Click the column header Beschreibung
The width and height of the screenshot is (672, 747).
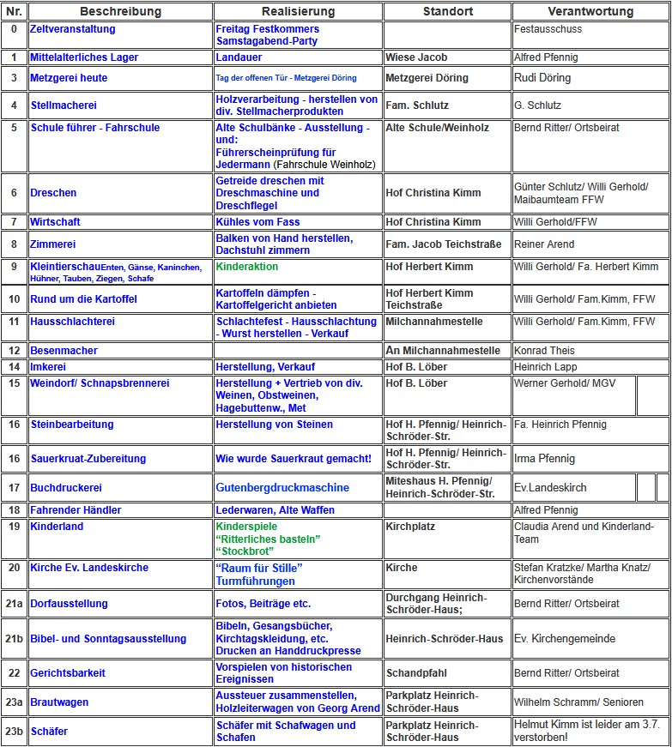point(120,12)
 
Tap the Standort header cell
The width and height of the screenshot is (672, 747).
point(447,12)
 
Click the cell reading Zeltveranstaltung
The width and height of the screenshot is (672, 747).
point(72,29)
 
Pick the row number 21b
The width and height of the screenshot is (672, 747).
point(14,638)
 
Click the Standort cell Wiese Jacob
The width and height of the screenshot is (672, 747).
point(416,57)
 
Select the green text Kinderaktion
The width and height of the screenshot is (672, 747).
point(247,267)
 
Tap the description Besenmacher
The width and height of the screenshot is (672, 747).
point(64,351)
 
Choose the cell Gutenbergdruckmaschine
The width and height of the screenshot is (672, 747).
point(282,488)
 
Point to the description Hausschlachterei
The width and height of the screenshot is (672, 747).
point(72,322)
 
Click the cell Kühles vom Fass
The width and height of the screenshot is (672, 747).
point(257,222)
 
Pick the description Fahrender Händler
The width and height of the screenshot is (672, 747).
point(76,510)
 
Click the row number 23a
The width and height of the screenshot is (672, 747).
point(14,702)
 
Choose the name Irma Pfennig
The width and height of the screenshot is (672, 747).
point(544,459)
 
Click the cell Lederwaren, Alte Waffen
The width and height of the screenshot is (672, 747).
point(275,510)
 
